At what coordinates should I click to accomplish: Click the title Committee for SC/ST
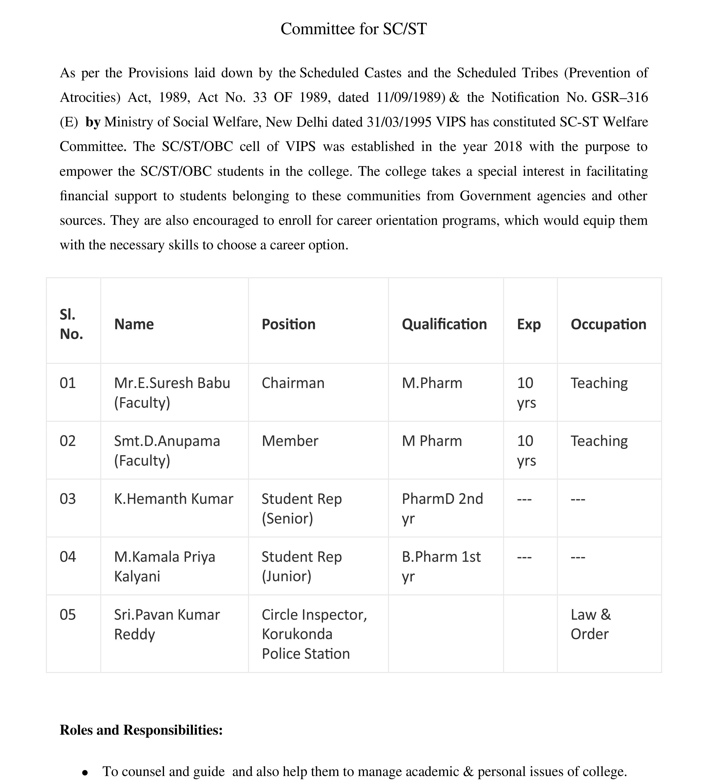click(x=353, y=29)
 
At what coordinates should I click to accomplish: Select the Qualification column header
click(x=444, y=324)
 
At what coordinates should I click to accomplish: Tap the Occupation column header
click(x=608, y=324)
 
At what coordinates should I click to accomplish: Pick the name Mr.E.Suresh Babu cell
click(x=172, y=392)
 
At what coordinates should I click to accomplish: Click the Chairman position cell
click(x=293, y=383)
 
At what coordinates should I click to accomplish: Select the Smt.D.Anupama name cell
click(x=167, y=450)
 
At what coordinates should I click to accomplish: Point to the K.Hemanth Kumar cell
click(x=173, y=499)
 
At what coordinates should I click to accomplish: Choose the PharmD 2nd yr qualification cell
click(x=442, y=508)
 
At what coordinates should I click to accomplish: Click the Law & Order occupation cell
click(x=590, y=624)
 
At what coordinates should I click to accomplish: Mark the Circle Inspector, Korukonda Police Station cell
click(x=314, y=634)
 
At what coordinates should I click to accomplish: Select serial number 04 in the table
click(x=68, y=557)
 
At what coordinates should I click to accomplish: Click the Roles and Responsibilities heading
click(x=141, y=730)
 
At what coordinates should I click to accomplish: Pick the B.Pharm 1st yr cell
click(x=441, y=566)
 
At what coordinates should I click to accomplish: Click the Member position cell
click(x=290, y=441)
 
